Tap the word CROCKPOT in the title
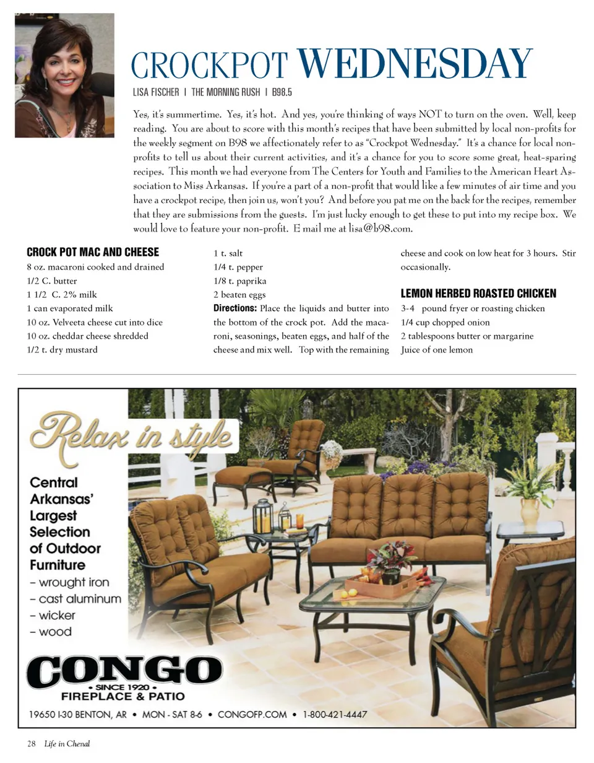tap(210, 66)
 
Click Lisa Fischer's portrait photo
tap(64, 75)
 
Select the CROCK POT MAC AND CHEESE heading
tap(93, 252)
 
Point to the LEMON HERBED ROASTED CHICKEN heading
tap(478, 294)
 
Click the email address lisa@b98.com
tap(380, 229)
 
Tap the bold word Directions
tap(235, 308)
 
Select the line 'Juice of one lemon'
tap(437, 350)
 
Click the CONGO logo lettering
tap(124, 671)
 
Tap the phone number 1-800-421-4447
tap(335, 715)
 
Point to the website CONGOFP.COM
tap(252, 715)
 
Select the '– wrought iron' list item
tap(69, 582)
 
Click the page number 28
tap(31, 744)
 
